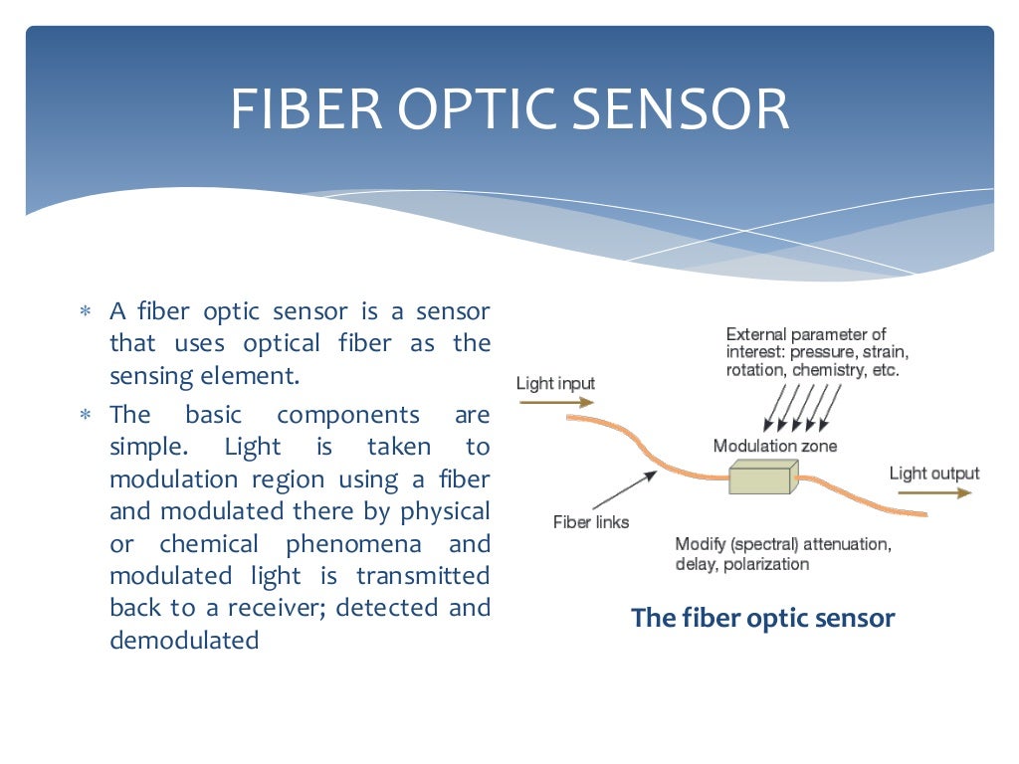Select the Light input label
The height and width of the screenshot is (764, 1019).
pos(555,383)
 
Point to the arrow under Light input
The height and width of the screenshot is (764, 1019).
pos(555,402)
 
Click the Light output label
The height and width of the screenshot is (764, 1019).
pos(933,474)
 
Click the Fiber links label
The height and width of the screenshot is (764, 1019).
pos(591,521)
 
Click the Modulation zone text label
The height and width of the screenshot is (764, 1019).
pos(775,446)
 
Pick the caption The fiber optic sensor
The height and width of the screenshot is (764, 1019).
pos(763,618)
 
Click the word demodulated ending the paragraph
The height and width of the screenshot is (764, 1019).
pos(184,640)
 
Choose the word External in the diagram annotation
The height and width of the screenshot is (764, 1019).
pos(756,334)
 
